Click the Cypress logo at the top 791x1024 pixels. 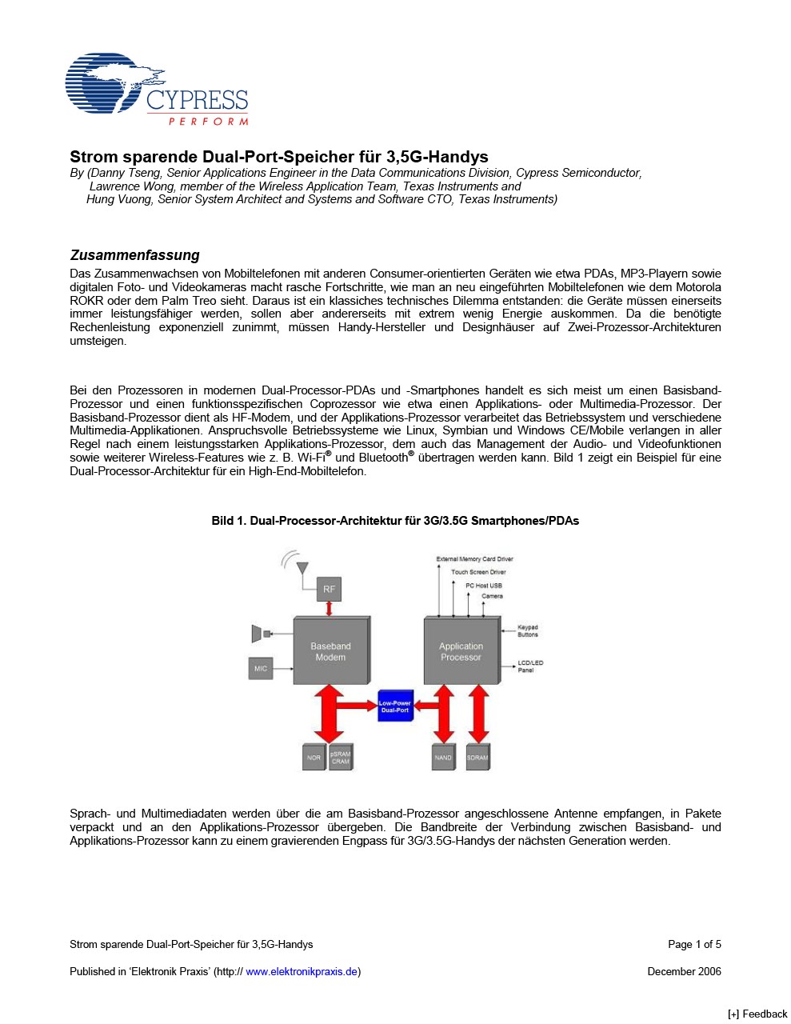[x=157, y=90]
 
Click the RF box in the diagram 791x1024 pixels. [x=329, y=590]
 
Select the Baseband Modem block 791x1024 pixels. [x=330, y=651]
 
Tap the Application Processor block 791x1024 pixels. [x=461, y=651]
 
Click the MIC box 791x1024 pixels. [x=261, y=668]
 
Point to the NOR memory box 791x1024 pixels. [x=314, y=758]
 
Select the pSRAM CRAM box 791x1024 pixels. [x=341, y=758]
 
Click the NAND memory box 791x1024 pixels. [x=443, y=758]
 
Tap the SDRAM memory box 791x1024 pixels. [x=477, y=758]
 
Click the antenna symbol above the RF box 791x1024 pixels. [x=301, y=567]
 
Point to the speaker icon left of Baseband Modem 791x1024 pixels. [x=258, y=634]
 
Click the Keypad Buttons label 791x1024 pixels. [x=528, y=631]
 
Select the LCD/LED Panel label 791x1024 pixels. [x=530, y=666]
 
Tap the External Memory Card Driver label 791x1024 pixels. [x=474, y=559]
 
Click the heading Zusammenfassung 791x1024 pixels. [x=134, y=255]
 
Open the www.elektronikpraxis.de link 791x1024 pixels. [x=301, y=971]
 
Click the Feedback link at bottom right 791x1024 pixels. [x=757, y=1014]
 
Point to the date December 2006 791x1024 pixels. [x=684, y=971]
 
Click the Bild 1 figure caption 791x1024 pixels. [x=395, y=521]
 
